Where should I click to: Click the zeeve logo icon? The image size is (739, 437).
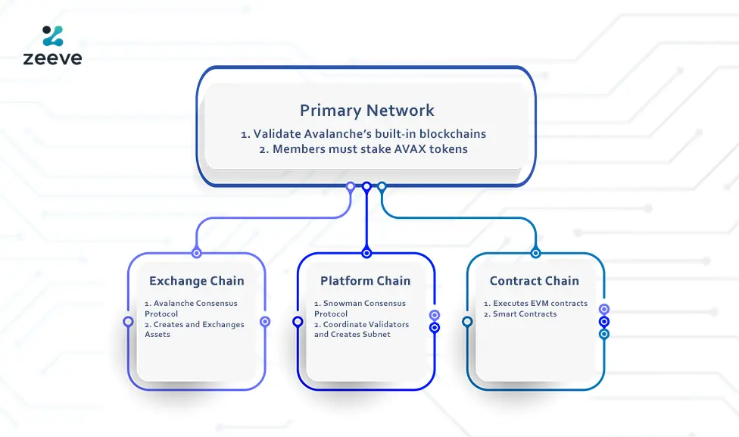pos(53,36)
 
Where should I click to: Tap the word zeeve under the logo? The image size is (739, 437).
pos(52,58)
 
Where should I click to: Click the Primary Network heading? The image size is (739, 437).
pos(366,111)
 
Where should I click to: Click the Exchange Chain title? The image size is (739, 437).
pos(197,281)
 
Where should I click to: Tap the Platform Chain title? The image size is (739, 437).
pos(365,281)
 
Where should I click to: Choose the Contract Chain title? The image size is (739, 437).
pos(534,281)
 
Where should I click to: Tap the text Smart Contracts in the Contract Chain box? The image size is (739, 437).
pos(525,314)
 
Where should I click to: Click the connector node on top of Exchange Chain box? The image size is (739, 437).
pos(197,253)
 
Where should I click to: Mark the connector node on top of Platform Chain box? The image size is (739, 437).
pos(366,253)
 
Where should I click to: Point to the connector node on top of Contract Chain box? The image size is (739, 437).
pos(535,253)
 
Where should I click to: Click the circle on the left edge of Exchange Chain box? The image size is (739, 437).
pos(128,322)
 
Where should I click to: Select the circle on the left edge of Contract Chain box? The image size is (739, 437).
pos(467,322)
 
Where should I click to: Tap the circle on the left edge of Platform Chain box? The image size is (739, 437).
pos(298,322)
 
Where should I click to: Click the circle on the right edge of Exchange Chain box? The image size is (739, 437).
pos(265,322)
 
